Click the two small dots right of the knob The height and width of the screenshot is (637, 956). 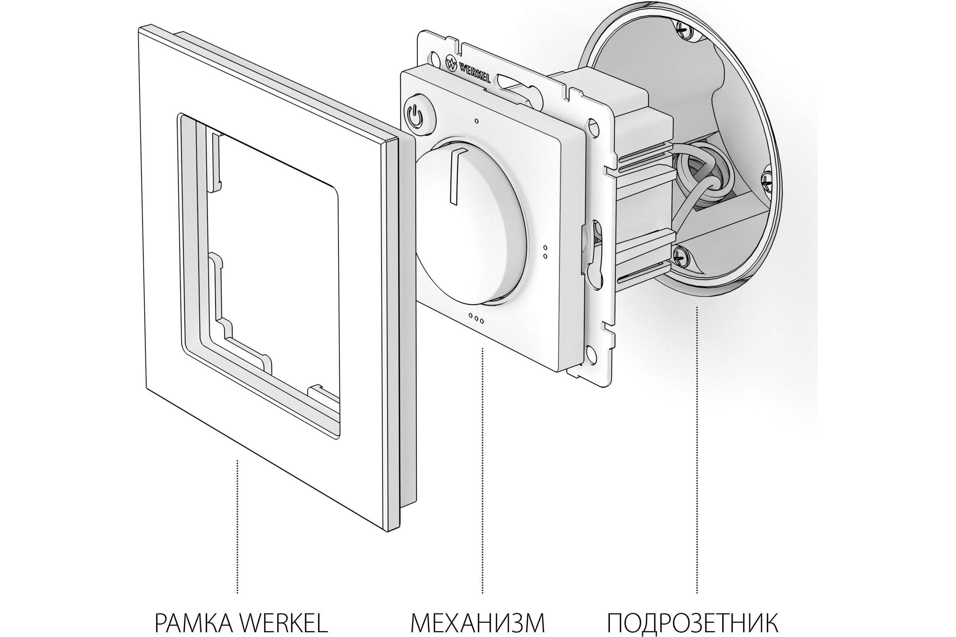click(x=545, y=252)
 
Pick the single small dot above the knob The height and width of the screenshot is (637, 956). click(x=476, y=121)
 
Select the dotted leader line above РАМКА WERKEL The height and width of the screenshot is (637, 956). click(x=237, y=526)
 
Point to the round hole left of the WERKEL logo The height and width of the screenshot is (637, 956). click(x=435, y=58)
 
